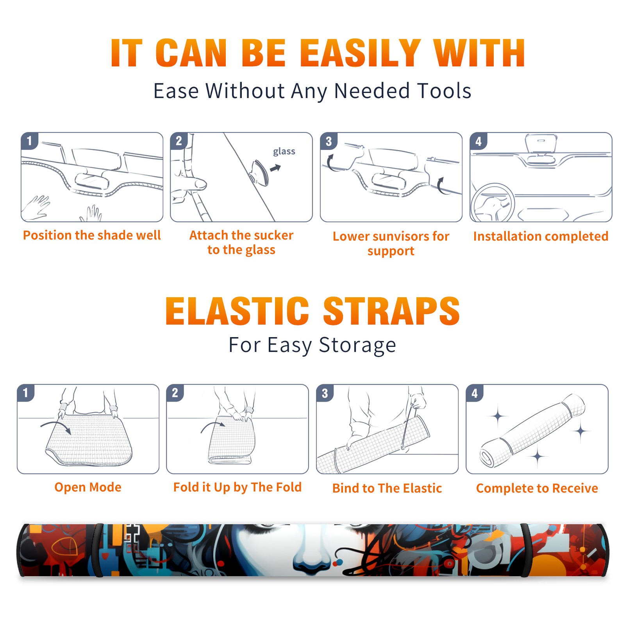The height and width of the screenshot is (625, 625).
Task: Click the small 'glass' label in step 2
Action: click(x=284, y=152)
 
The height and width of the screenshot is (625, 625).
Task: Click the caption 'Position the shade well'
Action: click(x=92, y=235)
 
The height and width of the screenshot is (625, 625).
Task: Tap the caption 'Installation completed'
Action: click(x=541, y=236)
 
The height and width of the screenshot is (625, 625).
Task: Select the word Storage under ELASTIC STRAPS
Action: click(x=357, y=346)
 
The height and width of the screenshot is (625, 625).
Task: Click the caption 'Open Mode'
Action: click(x=88, y=487)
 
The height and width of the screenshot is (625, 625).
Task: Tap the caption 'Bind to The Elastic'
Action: click(x=387, y=488)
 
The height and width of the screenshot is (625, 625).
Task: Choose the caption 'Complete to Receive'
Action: click(x=537, y=488)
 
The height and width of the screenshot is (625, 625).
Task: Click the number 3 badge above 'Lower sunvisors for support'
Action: click(x=329, y=141)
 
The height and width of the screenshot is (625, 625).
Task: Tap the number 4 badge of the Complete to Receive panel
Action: click(x=475, y=393)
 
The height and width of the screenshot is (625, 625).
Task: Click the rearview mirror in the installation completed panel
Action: click(x=541, y=143)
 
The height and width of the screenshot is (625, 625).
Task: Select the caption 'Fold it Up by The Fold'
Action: click(x=237, y=487)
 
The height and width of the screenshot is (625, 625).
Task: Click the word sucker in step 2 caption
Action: click(x=273, y=235)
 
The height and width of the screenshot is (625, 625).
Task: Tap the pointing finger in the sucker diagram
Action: click(x=191, y=184)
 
